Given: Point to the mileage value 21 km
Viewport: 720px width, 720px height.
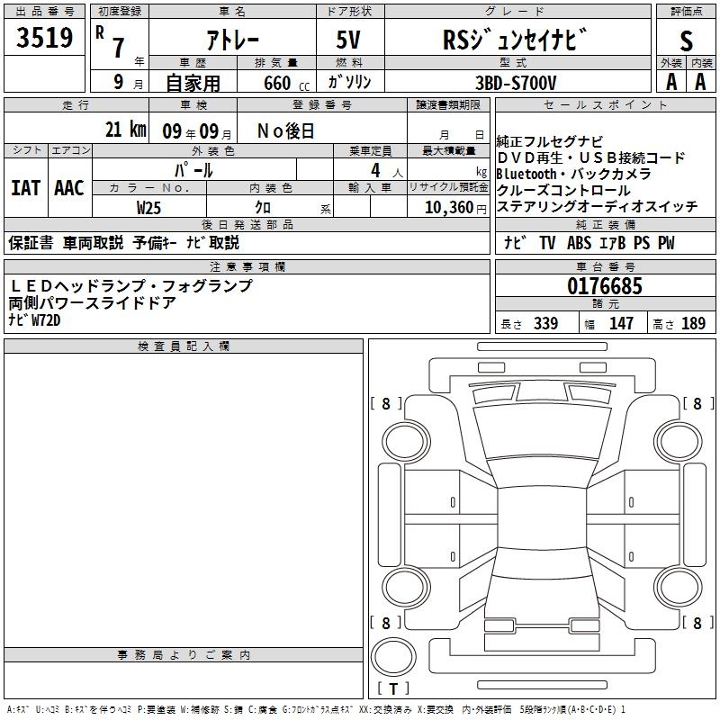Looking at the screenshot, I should click(x=125, y=130).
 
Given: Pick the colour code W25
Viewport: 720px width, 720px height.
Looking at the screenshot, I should click(x=148, y=206).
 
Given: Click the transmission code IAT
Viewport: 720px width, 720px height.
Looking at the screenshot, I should click(x=25, y=188).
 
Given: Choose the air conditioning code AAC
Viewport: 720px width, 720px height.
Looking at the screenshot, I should click(x=68, y=188).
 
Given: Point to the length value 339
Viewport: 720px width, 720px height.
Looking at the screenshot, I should click(x=545, y=323).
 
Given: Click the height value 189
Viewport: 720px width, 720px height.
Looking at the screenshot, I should click(x=693, y=323).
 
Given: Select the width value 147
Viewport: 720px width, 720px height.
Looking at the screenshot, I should click(x=621, y=323).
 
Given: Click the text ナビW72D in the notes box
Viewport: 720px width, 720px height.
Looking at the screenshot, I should click(x=34, y=319).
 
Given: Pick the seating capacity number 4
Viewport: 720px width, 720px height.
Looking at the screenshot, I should click(x=373, y=169).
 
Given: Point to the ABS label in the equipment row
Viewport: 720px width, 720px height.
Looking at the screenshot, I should click(x=580, y=243).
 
